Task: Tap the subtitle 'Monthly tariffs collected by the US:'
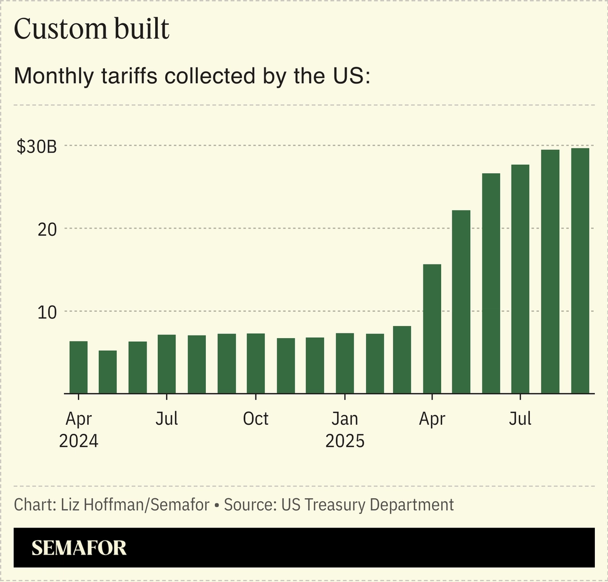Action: pyautogui.click(x=192, y=76)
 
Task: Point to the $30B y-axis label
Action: pyautogui.click(x=36, y=147)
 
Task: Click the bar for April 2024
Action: pyautogui.click(x=79, y=367)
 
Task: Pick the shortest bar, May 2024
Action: pyautogui.click(x=108, y=372)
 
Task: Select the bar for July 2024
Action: pyautogui.click(x=167, y=364)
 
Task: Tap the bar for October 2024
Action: pyautogui.click(x=256, y=364)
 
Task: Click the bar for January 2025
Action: pyautogui.click(x=345, y=364)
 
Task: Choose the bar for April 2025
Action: pyautogui.click(x=432, y=329)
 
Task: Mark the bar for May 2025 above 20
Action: pyautogui.click(x=461, y=302)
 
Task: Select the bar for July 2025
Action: pyautogui.click(x=520, y=279)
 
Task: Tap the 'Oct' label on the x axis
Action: pyautogui.click(x=256, y=419)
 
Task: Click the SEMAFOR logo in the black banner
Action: pyautogui.click(x=79, y=548)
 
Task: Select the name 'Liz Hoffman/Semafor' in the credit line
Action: pyautogui.click(x=135, y=505)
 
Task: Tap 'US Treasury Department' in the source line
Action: pyautogui.click(x=367, y=505)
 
